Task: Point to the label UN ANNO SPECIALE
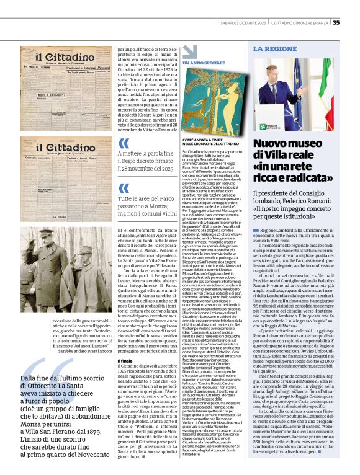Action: point(204,63)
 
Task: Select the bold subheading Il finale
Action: point(126,344)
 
